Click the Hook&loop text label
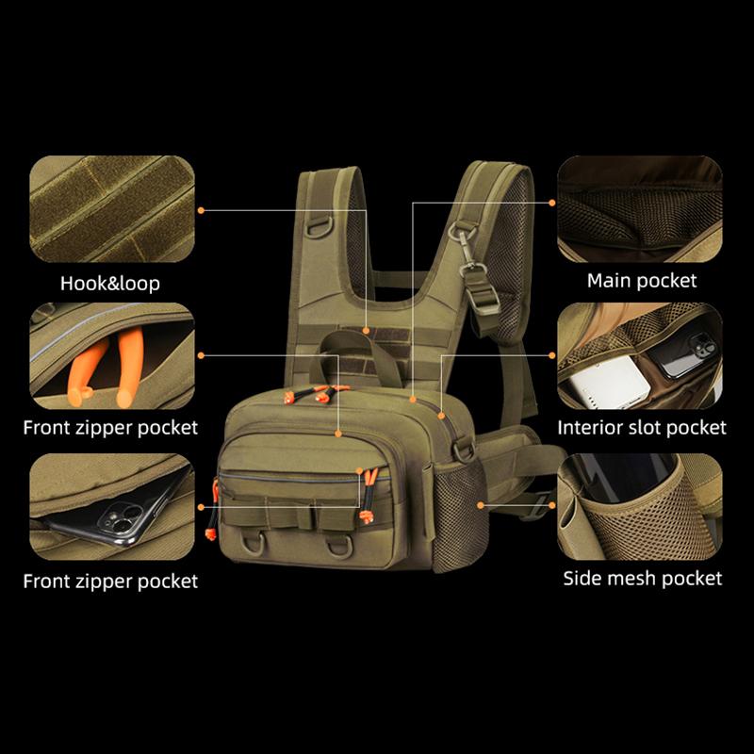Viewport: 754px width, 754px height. click(x=110, y=283)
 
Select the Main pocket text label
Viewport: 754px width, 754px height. click(x=642, y=280)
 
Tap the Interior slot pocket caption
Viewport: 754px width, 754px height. click(x=642, y=428)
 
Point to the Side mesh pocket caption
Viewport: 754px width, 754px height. click(x=643, y=578)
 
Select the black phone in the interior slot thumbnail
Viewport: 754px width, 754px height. click(x=684, y=355)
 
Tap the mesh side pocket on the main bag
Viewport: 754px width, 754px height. click(x=456, y=500)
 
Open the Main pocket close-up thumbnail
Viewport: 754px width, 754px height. click(x=640, y=208)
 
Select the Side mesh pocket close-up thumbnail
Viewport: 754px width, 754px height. click(x=640, y=505)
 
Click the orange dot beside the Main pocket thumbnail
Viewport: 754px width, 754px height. click(x=551, y=202)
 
